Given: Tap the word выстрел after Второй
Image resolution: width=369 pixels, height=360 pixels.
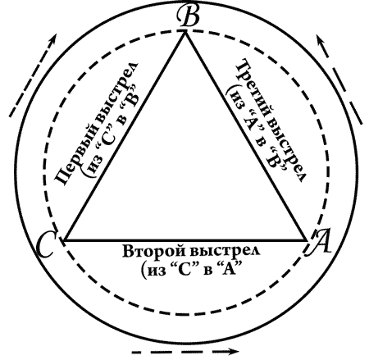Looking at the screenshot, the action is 225,250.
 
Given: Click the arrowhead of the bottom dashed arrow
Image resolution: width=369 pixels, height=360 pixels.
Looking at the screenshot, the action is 233,351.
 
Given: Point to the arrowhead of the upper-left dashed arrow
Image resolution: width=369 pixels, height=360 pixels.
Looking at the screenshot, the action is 52,39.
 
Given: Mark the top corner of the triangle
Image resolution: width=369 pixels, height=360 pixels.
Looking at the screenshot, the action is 185,31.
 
